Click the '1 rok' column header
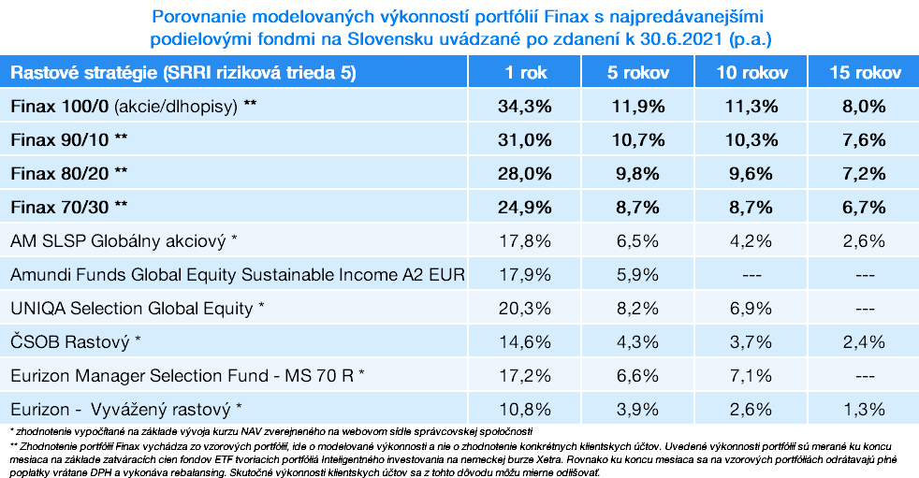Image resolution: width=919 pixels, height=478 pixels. [x=524, y=73]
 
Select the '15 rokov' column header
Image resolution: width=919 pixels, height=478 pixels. [x=864, y=73]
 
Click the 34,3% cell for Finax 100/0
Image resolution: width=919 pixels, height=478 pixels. [x=524, y=106]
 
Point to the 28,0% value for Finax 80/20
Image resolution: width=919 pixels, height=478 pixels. [x=524, y=173]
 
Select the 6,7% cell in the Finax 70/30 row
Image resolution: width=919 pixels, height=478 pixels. [x=864, y=207]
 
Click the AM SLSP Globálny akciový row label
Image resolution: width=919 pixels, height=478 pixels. [x=124, y=240]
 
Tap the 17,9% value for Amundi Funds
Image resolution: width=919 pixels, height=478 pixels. [x=524, y=274]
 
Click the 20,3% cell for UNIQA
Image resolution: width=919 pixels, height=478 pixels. [x=524, y=308]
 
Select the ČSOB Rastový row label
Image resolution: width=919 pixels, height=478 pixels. [x=75, y=341]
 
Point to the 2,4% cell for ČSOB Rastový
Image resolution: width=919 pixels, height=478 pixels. [x=864, y=341]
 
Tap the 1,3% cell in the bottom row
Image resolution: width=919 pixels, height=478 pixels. [x=864, y=409]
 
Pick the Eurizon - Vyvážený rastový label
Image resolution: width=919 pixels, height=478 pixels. [x=126, y=409]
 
